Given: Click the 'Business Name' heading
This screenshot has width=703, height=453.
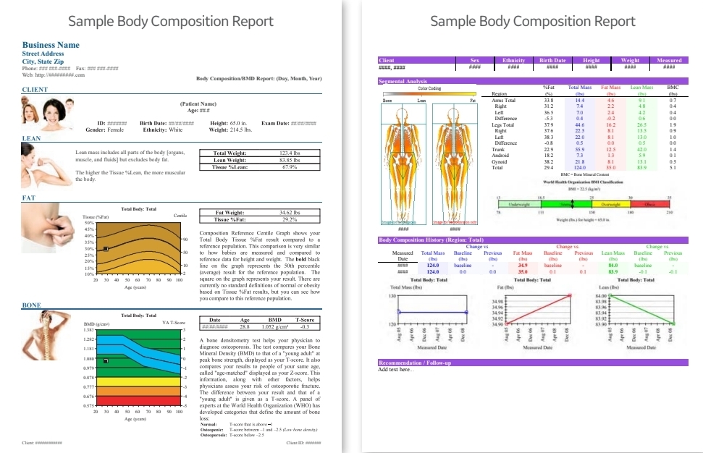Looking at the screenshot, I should pos(51,45).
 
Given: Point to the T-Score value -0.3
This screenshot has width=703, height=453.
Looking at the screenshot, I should pos(304,326).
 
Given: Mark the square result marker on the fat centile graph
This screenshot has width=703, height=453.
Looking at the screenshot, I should pos(106,248).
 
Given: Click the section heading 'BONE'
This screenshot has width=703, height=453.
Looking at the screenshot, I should pos(31,305).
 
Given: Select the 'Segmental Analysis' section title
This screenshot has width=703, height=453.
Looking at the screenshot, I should pos(404,81).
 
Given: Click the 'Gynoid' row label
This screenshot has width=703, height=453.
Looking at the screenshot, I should pos(499,161).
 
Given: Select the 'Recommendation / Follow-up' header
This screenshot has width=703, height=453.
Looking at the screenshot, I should pos(415,363).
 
